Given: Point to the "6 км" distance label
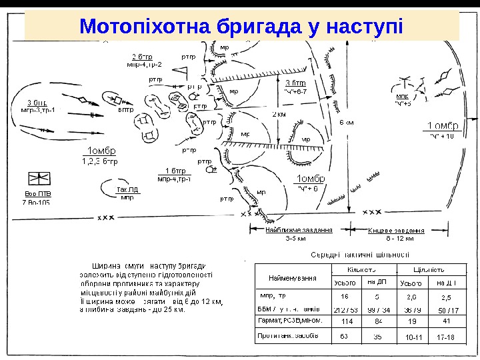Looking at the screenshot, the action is point(347,123).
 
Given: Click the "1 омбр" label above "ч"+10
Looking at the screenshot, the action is point(443,126).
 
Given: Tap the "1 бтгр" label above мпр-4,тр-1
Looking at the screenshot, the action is point(175,171).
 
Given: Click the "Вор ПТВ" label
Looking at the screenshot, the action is point(37,194).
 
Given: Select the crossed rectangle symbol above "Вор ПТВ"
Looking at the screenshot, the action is point(38,179).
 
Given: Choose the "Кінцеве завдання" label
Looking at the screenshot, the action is point(397,230).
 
